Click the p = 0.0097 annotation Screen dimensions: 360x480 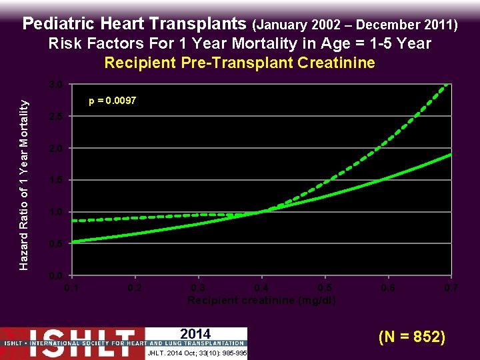113,101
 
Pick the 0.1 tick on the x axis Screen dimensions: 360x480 71,288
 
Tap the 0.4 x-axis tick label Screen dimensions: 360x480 261,288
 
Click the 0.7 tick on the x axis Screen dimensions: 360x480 451,288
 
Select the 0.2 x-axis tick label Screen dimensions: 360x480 135,288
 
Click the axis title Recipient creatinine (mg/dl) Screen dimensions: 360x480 261,300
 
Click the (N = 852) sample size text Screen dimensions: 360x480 412,337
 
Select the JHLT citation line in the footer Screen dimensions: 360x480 195,353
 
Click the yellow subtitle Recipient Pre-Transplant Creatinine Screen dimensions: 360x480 240,63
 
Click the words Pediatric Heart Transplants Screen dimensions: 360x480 135,24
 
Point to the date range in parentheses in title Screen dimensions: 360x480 355,25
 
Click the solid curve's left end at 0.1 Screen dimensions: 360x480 73,241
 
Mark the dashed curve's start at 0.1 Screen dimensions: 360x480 73,220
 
